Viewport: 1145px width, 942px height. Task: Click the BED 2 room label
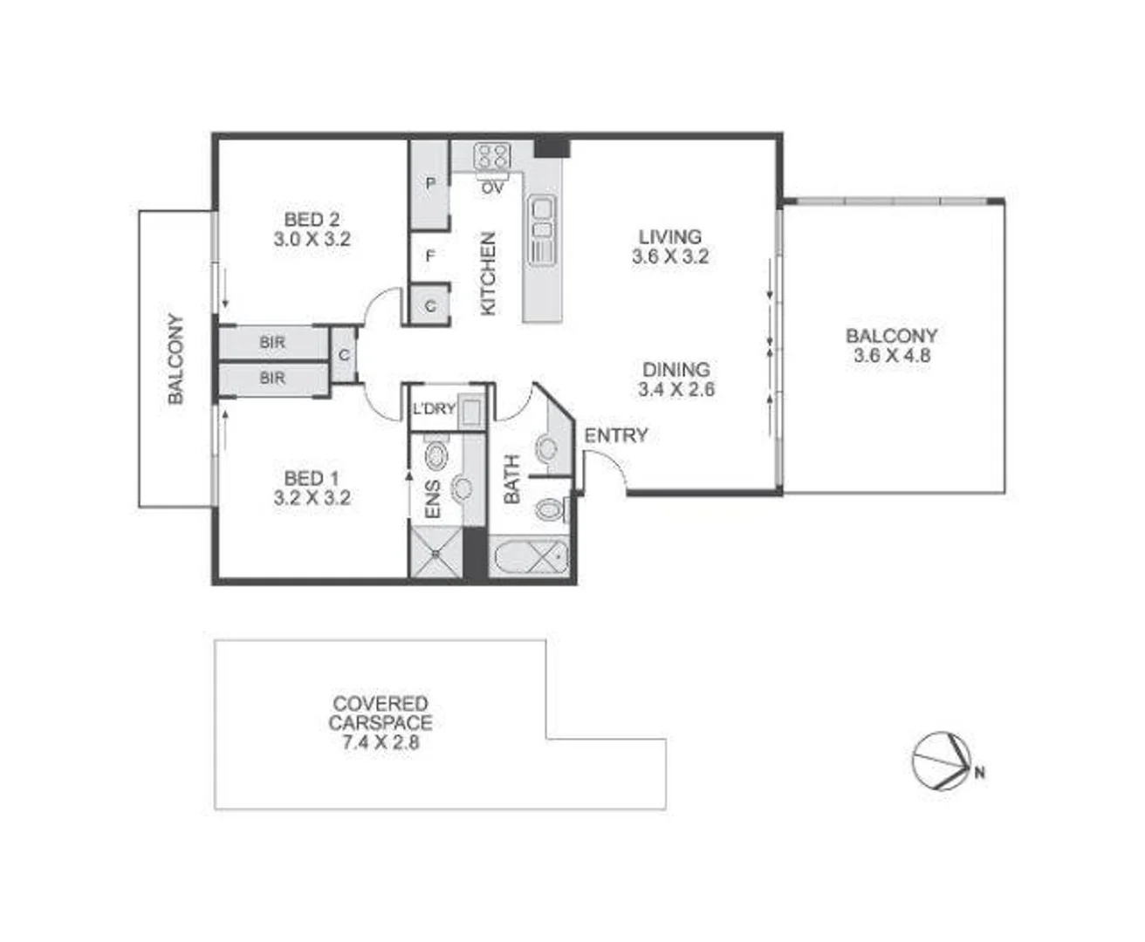tap(312, 219)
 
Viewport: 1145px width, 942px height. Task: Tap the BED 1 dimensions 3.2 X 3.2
tap(312, 498)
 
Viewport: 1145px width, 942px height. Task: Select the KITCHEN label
tap(488, 273)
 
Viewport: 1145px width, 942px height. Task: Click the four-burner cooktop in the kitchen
tap(491, 157)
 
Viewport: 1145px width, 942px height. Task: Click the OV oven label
tap(492, 188)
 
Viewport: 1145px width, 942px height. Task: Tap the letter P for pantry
tap(430, 184)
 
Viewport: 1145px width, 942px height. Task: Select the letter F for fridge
tap(430, 256)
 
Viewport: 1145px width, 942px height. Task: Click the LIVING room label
tap(669, 236)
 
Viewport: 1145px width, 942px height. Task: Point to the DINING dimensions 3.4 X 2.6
tap(675, 390)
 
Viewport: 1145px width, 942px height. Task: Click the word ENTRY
tap(616, 435)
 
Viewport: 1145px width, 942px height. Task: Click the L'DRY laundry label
tap(434, 408)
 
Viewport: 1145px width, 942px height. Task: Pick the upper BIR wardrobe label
tap(272, 343)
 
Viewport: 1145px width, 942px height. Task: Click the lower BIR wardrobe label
tap(272, 378)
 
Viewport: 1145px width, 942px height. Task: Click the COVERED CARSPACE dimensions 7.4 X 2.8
tap(381, 743)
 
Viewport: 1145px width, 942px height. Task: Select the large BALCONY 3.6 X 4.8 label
tap(891, 345)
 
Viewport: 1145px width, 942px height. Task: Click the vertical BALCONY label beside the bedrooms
tap(176, 358)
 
